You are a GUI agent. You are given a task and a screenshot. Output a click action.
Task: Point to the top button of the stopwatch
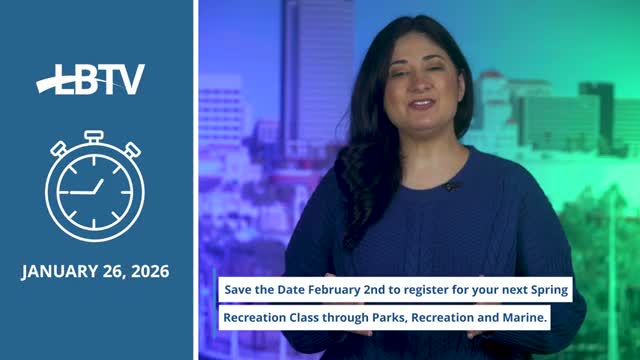click(94, 135)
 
